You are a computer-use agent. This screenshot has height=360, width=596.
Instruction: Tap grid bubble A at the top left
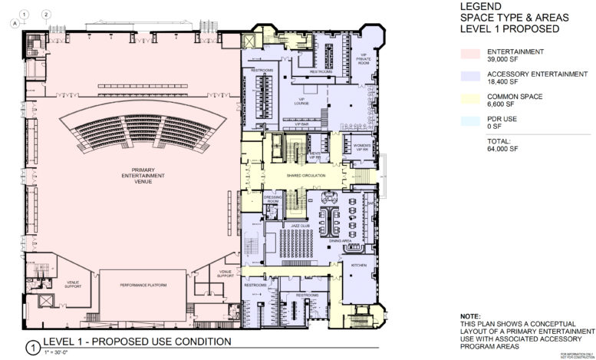click(13, 24)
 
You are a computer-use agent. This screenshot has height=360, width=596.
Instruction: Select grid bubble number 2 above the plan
click(47, 15)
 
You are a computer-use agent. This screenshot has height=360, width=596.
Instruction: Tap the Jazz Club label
click(299, 226)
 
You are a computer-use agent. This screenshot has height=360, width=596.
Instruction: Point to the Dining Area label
click(341, 241)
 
